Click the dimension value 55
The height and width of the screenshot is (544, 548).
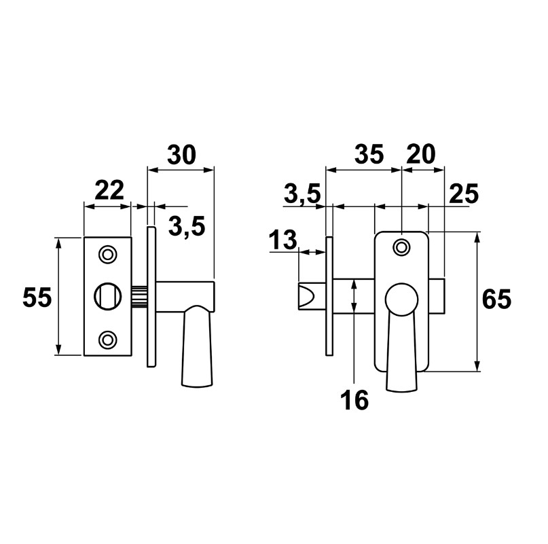pos(37,297)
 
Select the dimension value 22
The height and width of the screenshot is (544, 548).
pos(110,190)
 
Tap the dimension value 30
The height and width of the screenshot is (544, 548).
pos(181,156)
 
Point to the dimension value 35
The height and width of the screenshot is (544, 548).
pos(369,156)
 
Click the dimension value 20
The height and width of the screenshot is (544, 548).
pos(420,156)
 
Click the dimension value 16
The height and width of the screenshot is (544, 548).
pos(354,401)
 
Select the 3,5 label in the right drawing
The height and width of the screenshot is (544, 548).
pos(302,196)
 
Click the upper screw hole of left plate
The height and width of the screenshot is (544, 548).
pos(107,254)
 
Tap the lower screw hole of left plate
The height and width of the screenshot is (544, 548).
pos(107,338)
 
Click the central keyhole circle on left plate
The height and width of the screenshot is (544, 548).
pos(107,296)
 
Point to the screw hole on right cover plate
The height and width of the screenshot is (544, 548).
pos(401,247)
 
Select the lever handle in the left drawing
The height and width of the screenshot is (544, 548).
pos(198,346)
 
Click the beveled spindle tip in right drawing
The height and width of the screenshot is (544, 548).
pos(307,297)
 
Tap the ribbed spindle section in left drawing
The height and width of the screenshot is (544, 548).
pos(139,297)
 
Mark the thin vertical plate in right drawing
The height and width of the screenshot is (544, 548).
pos(330,295)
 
